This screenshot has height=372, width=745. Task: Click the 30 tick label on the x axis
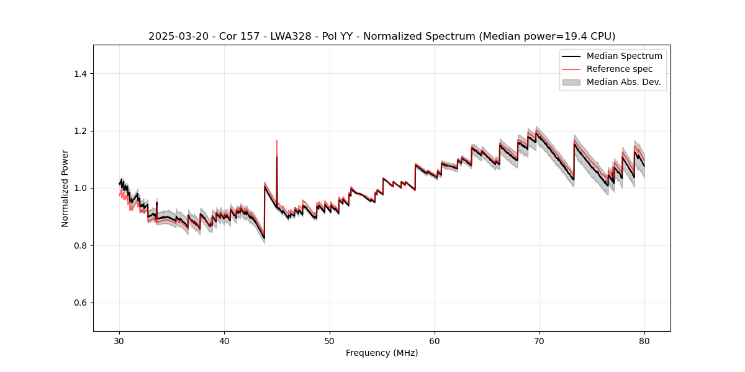[119, 341]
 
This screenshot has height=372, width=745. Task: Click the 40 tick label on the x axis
[224, 341]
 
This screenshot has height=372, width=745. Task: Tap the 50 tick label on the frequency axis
[330, 341]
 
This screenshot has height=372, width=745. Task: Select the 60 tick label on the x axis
[435, 341]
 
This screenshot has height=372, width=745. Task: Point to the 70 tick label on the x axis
[540, 341]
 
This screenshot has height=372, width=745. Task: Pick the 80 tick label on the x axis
[644, 341]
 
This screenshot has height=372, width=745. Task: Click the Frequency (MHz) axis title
[382, 353]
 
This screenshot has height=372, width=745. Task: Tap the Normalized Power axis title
[65, 188]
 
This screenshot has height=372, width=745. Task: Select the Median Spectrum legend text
[624, 56]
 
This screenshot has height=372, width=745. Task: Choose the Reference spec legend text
[619, 69]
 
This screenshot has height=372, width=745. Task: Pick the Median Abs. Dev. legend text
[623, 82]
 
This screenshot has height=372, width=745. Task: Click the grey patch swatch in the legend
[571, 82]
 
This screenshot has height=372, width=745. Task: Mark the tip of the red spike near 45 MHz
[277, 140]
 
